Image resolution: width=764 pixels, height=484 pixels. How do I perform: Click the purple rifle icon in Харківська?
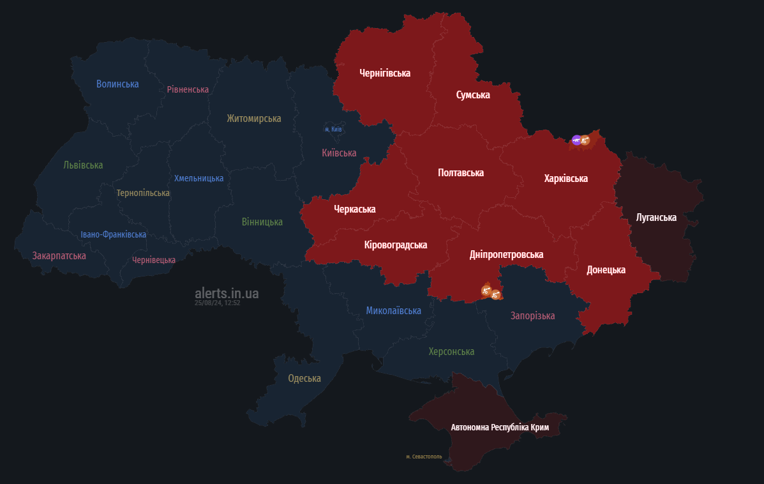point(576,140)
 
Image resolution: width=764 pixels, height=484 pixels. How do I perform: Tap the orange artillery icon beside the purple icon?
point(585,140)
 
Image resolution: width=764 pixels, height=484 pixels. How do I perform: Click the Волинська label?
point(117,84)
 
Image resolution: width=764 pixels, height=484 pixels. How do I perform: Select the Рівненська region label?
point(188,89)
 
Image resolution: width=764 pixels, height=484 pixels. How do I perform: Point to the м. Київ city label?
point(333,130)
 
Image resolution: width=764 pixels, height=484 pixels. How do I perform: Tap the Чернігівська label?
point(385,73)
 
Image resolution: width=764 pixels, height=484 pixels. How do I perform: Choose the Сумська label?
point(473,95)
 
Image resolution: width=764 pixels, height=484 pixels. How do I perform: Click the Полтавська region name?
point(461,172)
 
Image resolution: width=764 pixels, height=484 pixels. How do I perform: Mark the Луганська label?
point(656,218)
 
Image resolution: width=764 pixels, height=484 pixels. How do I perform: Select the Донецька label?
point(606,269)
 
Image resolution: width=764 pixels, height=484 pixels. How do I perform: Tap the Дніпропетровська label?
point(506,254)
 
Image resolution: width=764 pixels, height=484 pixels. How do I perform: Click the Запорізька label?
point(532,315)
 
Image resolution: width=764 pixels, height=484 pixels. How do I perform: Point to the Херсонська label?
point(451,351)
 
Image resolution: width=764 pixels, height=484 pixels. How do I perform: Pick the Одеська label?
point(304,378)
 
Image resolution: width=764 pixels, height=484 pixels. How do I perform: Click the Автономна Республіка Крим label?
point(500,427)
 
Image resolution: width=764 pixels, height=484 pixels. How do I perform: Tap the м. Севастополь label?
point(424,457)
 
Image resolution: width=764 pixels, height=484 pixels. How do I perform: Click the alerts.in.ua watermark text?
point(227,293)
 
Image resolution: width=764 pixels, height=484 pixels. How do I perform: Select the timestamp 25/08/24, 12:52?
point(217,303)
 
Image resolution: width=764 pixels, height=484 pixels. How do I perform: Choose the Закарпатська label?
point(59,255)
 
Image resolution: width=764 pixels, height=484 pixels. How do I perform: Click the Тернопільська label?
point(143,193)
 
